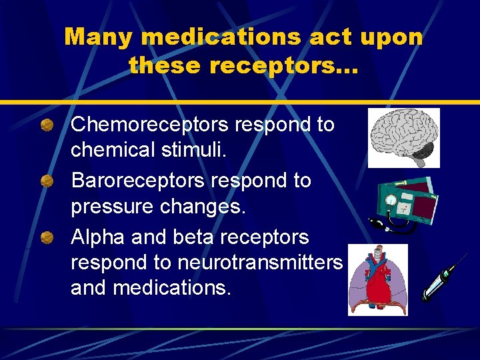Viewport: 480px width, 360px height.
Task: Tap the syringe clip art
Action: [x=440, y=280]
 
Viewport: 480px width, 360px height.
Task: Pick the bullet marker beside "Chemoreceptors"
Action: [x=47, y=125]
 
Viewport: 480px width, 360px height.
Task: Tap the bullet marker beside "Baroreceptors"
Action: [x=47, y=181]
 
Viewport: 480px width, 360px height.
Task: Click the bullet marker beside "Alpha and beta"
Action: [x=47, y=236]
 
